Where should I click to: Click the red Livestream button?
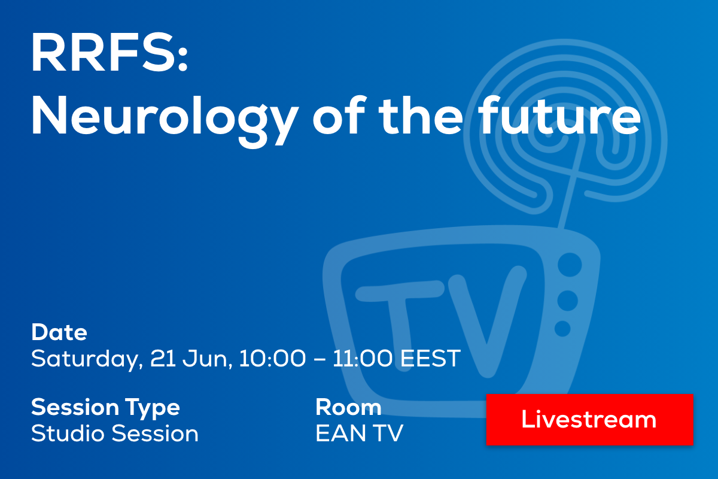point(589,419)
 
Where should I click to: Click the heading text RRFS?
point(109,52)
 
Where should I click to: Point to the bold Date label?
point(59,332)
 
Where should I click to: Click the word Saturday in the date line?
point(87,359)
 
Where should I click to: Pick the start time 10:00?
point(272,358)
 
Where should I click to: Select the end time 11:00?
point(362,358)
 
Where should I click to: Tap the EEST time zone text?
point(430,358)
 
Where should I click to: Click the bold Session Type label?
point(105,408)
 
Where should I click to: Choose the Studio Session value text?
point(115,433)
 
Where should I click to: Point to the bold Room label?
point(348,407)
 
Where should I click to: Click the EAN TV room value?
point(360,433)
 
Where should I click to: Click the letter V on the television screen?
point(487,321)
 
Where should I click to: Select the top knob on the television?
point(570,265)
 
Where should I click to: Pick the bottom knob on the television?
point(562,329)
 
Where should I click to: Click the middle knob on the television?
point(567,301)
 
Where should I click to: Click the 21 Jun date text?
point(191,359)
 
